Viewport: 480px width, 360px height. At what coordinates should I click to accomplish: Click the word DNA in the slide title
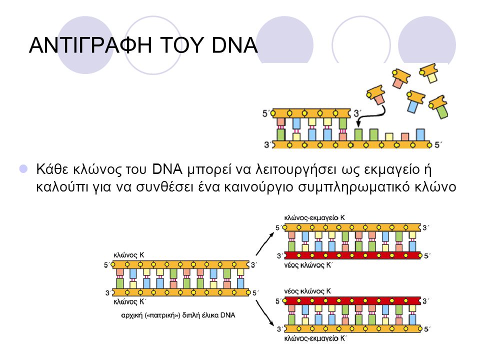click(x=234, y=45)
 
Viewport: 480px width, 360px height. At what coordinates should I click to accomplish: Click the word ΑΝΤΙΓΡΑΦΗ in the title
click(x=90, y=45)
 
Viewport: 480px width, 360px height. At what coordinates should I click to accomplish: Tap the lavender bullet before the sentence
click(x=23, y=168)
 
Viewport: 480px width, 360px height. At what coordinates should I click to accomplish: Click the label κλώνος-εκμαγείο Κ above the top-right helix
click(x=314, y=217)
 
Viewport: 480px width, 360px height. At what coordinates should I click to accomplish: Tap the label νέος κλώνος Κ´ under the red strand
click(x=308, y=265)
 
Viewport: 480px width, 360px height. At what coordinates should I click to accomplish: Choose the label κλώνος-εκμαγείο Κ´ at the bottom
click(x=315, y=338)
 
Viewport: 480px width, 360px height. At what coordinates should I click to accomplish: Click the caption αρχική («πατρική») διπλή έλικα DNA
click(x=178, y=315)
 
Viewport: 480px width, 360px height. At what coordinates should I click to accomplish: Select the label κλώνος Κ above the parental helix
click(x=128, y=255)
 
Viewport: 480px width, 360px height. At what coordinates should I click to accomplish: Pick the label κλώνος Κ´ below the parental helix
click(x=129, y=302)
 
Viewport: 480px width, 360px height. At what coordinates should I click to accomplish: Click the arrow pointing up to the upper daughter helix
click(x=265, y=243)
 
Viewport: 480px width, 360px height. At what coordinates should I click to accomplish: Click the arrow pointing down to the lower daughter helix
click(x=265, y=313)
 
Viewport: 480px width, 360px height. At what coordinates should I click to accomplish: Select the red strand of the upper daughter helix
click(x=352, y=255)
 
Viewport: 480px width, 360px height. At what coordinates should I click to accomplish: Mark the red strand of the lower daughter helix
click(x=352, y=301)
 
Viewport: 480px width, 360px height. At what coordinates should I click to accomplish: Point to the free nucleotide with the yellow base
click(x=429, y=73)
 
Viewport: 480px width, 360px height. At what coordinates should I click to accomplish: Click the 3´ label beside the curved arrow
click(x=357, y=113)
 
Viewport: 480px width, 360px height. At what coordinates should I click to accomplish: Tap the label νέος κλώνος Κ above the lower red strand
click(x=307, y=291)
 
